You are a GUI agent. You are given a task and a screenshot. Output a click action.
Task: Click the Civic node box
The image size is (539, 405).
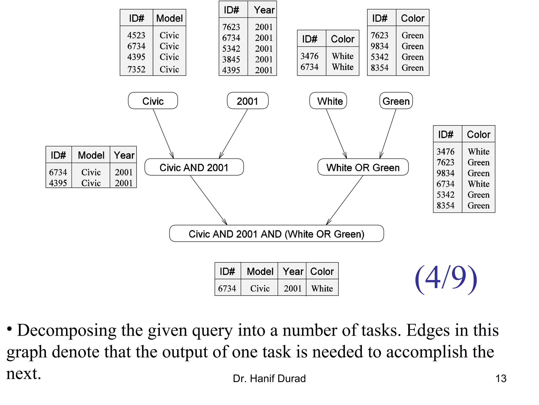(153, 101)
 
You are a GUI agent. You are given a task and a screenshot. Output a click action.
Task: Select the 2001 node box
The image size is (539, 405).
(247, 101)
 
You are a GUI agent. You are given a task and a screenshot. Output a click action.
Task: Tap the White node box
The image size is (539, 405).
(328, 101)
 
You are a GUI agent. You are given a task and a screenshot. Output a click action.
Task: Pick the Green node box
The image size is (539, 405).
(396, 101)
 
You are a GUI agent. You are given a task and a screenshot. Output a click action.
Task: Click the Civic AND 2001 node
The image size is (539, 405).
(194, 167)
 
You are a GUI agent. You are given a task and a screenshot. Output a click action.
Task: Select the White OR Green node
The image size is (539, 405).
(363, 167)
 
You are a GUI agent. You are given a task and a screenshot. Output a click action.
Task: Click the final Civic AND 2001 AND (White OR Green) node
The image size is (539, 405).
(276, 234)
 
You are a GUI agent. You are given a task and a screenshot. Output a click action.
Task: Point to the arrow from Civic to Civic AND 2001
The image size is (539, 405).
(163, 133)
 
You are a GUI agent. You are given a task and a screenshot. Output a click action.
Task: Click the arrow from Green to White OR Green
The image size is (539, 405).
(388, 133)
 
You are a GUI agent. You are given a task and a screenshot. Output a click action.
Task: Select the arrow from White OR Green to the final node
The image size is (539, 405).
(345, 200)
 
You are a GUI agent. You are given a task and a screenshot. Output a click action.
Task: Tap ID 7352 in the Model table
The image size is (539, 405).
(136, 69)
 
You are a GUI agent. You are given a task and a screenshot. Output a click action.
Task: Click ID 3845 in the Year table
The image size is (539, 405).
(231, 59)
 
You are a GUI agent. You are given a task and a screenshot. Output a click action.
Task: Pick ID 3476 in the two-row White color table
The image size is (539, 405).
(310, 56)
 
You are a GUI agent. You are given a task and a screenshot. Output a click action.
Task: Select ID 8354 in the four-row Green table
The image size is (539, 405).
(380, 68)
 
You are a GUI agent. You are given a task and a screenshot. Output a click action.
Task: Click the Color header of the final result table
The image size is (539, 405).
(322, 271)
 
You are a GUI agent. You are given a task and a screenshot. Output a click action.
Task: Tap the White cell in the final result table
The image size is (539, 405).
(322, 288)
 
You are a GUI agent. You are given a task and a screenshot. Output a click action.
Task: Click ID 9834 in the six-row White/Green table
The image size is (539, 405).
(445, 173)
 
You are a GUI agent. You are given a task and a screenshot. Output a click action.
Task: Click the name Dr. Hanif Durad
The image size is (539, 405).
(269, 379)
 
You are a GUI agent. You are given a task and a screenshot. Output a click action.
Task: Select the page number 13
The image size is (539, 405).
(501, 379)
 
